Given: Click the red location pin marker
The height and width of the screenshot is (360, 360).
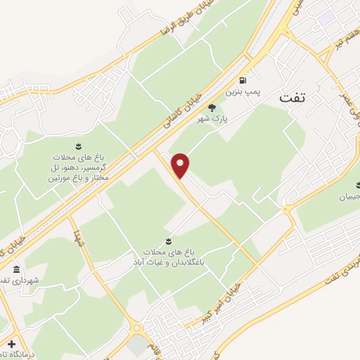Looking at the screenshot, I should point(181,165).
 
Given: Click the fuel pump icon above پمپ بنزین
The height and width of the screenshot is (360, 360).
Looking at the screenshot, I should point(243,80).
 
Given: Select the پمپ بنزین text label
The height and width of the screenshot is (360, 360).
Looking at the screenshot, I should point(238,92).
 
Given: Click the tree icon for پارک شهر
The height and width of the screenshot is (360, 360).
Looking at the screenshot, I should point(212,107).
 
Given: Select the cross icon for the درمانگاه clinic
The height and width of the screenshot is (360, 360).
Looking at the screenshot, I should point(11,344).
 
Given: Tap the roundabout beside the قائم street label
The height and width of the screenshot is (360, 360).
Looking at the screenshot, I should point(136,328).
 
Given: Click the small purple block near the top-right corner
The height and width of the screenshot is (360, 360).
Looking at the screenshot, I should point(326,15).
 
